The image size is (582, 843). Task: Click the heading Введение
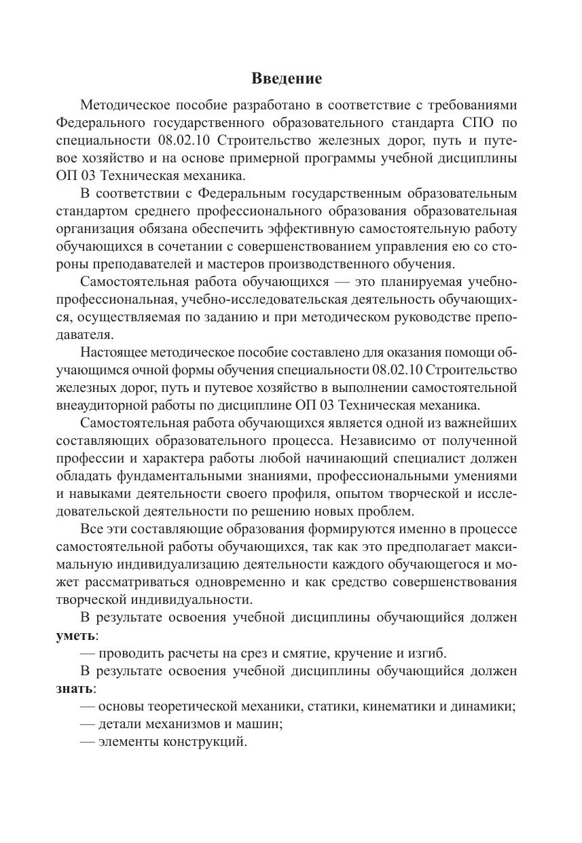[x=287, y=78]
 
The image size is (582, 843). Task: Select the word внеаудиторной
[x=101, y=406]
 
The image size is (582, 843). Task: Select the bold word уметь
[x=75, y=635]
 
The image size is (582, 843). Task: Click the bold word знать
[x=74, y=688]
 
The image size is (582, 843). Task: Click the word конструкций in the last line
[x=204, y=741]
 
